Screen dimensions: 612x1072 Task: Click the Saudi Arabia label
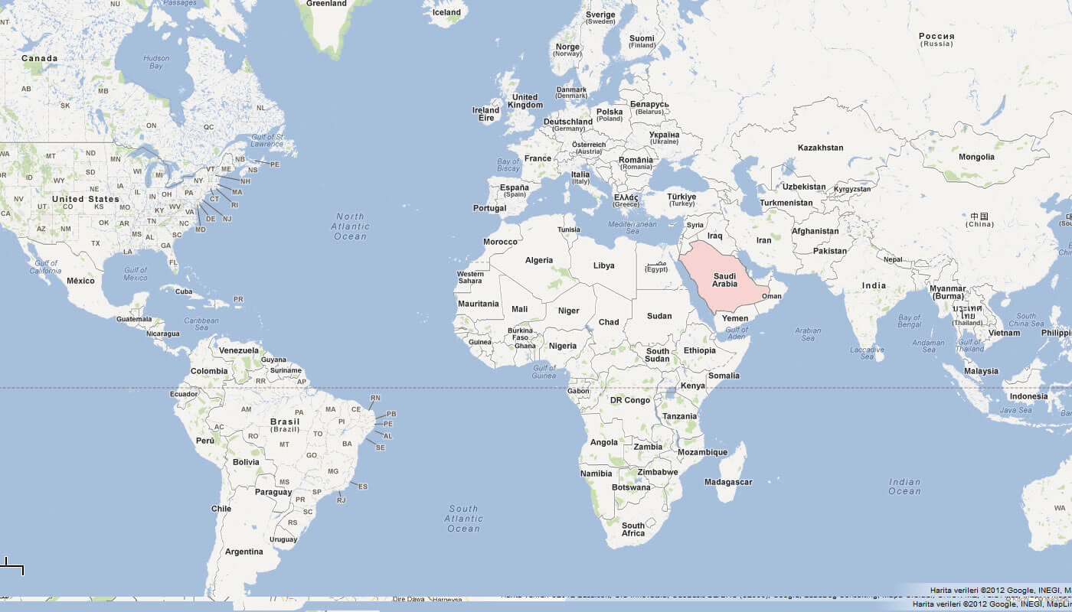coord(724,280)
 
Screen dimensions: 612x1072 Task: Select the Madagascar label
coord(728,482)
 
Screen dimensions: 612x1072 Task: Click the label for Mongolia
coord(976,157)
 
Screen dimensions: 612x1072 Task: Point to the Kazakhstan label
coord(820,148)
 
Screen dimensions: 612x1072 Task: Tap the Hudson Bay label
coord(156,62)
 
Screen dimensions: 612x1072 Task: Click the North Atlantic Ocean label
coord(350,226)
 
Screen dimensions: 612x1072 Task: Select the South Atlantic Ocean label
coord(463,519)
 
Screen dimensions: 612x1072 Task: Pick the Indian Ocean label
coord(904,487)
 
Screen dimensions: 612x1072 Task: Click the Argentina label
coord(243,552)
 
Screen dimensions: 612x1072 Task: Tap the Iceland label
coord(446,12)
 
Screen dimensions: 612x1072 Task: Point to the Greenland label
coord(326,4)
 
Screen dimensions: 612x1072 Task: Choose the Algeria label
coord(539,260)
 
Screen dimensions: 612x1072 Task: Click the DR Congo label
coord(629,400)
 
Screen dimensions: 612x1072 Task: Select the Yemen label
coord(735,318)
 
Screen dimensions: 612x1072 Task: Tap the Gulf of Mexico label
coord(136,273)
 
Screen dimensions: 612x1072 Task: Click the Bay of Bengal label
coord(909,321)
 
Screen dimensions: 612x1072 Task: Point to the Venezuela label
coord(239,350)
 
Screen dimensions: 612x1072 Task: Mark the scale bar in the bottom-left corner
coord(12,567)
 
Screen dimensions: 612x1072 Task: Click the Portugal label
coord(489,208)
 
